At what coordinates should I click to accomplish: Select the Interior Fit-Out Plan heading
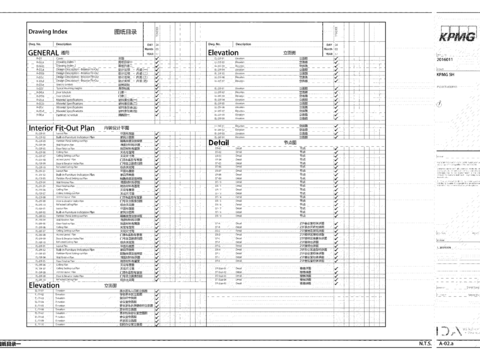coord(61,128)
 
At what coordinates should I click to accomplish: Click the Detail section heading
coord(219,142)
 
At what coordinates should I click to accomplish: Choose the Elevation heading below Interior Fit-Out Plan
coord(45,285)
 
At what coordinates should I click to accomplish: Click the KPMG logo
coord(457,37)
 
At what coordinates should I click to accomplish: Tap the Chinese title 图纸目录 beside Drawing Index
coord(125,33)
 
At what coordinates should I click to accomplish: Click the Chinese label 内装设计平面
coord(116,128)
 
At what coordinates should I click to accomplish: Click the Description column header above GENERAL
coord(64,45)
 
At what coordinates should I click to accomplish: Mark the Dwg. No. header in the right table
coord(215,45)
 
